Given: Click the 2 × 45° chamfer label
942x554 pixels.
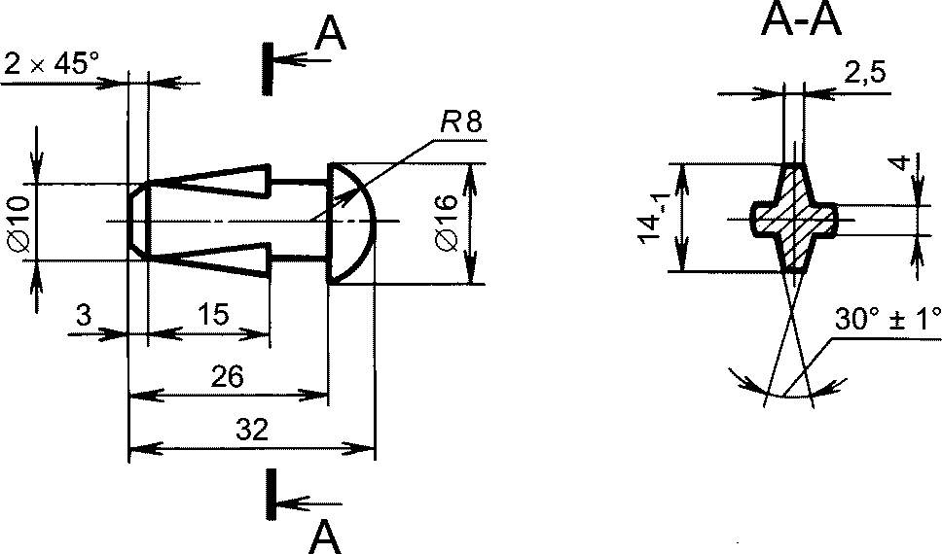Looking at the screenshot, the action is pyautogui.click(x=51, y=63).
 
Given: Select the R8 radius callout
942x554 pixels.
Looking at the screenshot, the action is pyautogui.click(x=461, y=123).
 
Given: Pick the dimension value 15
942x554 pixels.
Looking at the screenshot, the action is pyautogui.click(x=213, y=314).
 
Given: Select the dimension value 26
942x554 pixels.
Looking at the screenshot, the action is pyautogui.click(x=228, y=377).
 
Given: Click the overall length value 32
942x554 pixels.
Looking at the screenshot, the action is pyautogui.click(x=252, y=430).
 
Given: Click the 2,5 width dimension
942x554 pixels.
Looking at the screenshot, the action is pyautogui.click(x=865, y=73).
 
